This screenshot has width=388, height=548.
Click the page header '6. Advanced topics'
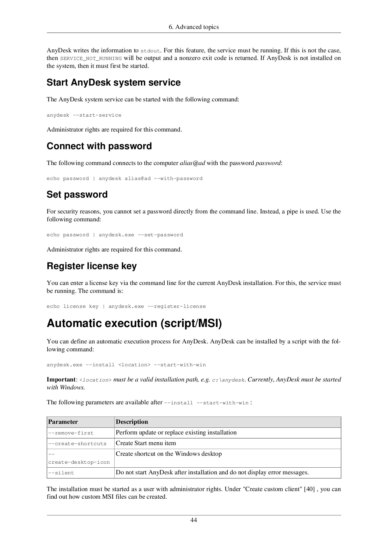(x=194, y=27)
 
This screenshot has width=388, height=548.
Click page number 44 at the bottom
(x=194, y=520)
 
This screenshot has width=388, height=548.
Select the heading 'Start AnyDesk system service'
(x=113, y=83)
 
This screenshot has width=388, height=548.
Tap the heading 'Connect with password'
(x=99, y=146)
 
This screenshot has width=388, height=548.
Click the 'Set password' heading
(x=77, y=195)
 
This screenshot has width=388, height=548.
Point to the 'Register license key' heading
(x=91, y=266)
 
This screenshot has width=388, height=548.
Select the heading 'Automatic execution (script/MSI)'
(x=134, y=323)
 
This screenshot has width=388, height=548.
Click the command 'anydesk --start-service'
(x=84, y=115)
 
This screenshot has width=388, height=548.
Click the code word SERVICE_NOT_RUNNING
(x=91, y=58)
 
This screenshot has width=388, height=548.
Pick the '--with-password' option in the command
(x=178, y=178)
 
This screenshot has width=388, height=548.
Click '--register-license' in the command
(x=176, y=306)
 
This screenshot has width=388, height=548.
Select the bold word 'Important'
(x=61, y=380)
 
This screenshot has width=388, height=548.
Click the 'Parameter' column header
(x=63, y=422)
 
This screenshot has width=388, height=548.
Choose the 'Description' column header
(x=132, y=422)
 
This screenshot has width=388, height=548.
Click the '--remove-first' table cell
(x=71, y=433)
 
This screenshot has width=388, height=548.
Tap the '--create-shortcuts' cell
(x=77, y=444)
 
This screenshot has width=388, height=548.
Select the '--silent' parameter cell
(x=61, y=473)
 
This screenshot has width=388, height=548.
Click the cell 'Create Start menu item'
(x=146, y=443)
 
